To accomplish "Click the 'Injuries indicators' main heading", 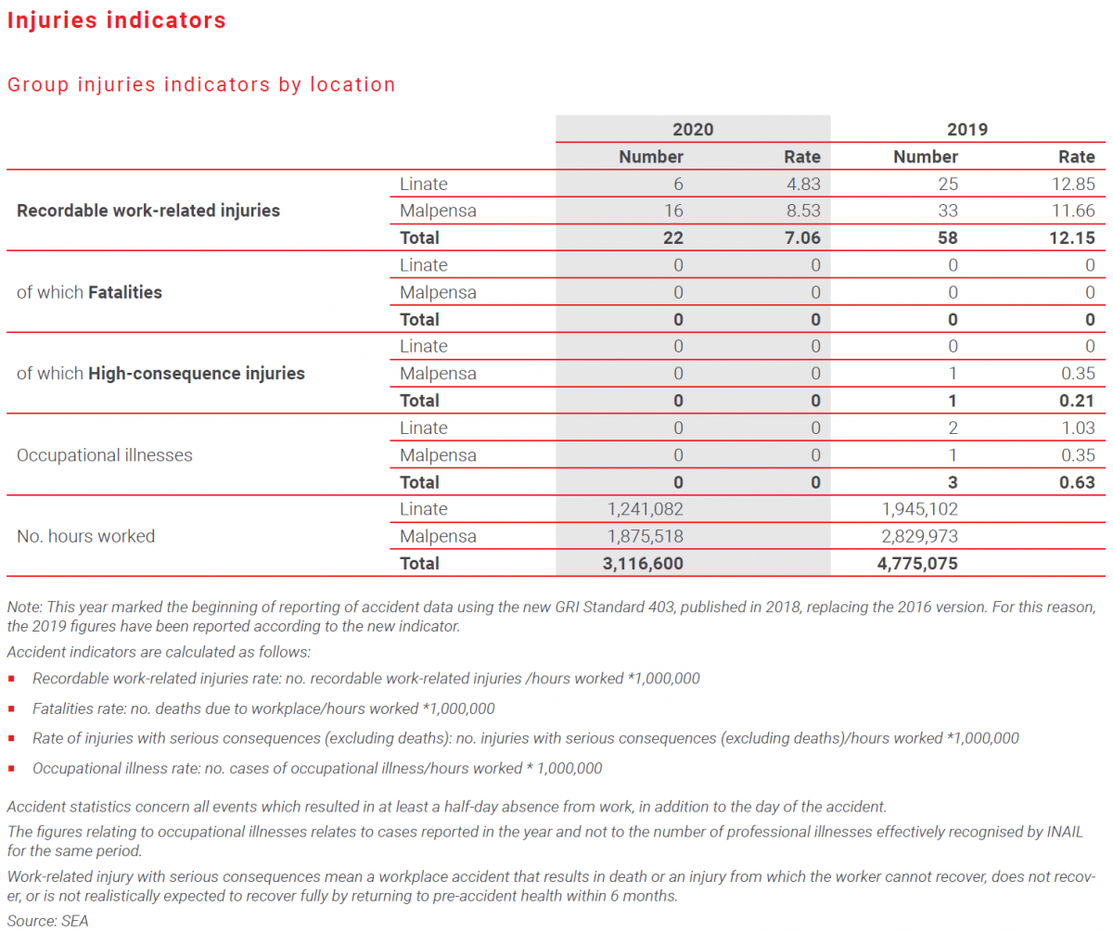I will coord(117,20).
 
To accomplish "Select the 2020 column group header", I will coord(693,130).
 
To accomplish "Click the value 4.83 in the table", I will coord(803,184).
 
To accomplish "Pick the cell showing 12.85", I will coord(1072,184).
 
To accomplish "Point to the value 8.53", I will coord(803,211).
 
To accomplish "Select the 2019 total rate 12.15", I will coord(1072,238).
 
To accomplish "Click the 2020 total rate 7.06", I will coord(803,238).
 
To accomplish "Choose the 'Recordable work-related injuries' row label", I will coord(148,211).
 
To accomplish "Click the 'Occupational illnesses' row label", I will coord(105,455).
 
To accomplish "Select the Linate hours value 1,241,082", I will coord(640,509).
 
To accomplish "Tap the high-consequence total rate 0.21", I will coord(1077,401).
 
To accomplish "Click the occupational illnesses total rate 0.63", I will coord(1077,482).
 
